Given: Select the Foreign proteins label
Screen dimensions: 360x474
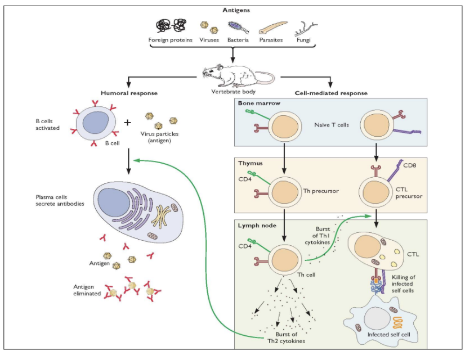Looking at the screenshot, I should [x=170, y=40].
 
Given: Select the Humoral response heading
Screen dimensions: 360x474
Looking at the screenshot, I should [x=129, y=92].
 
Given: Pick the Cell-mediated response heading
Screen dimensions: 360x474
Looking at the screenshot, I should [x=331, y=92].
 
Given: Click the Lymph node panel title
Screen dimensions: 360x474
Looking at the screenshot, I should [x=257, y=225].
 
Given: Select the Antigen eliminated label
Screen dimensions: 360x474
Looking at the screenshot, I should [x=87, y=290].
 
